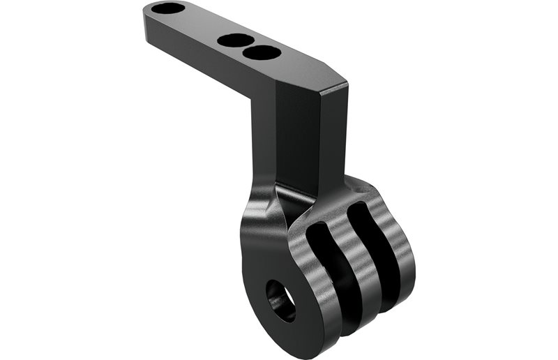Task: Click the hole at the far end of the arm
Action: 169,9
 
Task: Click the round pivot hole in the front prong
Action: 281,299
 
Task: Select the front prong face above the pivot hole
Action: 269,244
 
